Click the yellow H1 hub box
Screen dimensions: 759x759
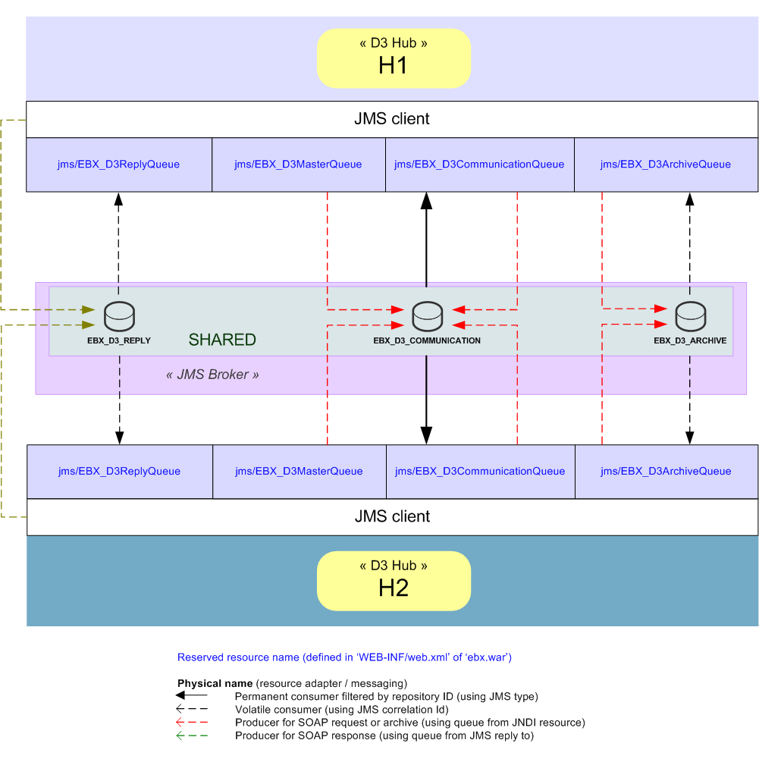coord(394,58)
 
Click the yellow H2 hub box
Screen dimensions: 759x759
coord(394,580)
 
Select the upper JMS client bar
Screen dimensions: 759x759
coord(392,119)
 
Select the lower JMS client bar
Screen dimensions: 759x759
coord(392,516)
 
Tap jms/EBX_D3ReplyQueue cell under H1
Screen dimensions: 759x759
coord(119,165)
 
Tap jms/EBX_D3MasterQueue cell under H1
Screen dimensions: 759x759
coord(298,165)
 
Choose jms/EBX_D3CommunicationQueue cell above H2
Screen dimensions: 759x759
coord(480,472)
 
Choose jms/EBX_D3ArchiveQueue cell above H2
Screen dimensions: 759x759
coord(666,472)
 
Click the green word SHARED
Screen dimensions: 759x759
coord(222,340)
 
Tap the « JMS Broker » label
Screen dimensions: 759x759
coord(212,375)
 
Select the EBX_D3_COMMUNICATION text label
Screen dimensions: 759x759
coord(427,341)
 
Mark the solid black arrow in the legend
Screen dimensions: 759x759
coord(192,695)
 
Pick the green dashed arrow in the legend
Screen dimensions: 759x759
coord(192,736)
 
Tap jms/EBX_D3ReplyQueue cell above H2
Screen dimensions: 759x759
coord(120,472)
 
